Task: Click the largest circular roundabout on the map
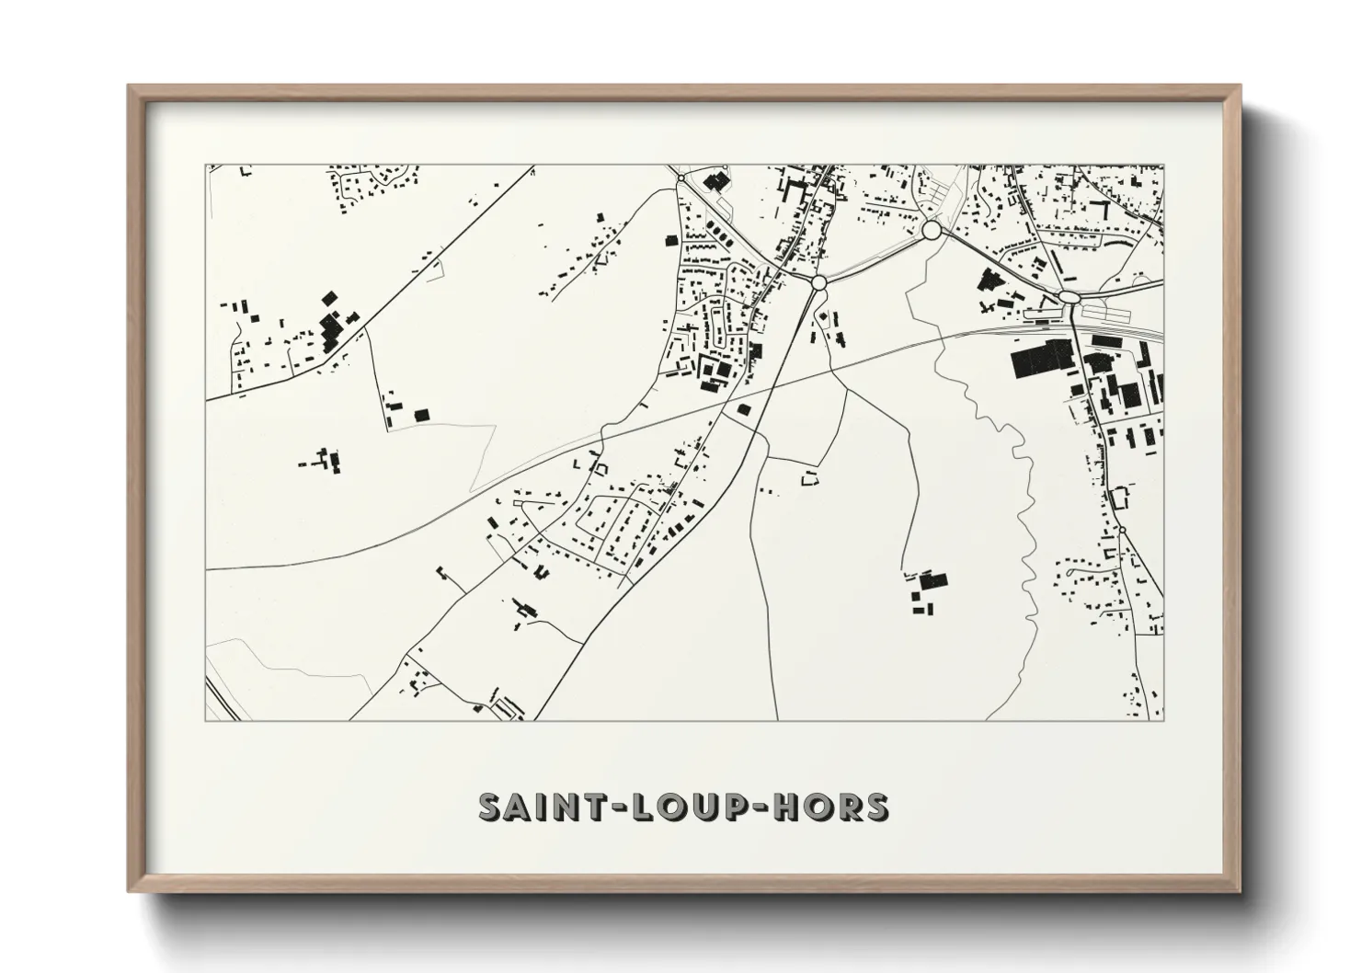pos(932,229)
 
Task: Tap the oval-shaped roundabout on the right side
pos(1068,296)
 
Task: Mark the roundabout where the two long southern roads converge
pos(818,283)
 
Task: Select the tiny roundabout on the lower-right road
pos(1122,530)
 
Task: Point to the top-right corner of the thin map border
pos(1163,166)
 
